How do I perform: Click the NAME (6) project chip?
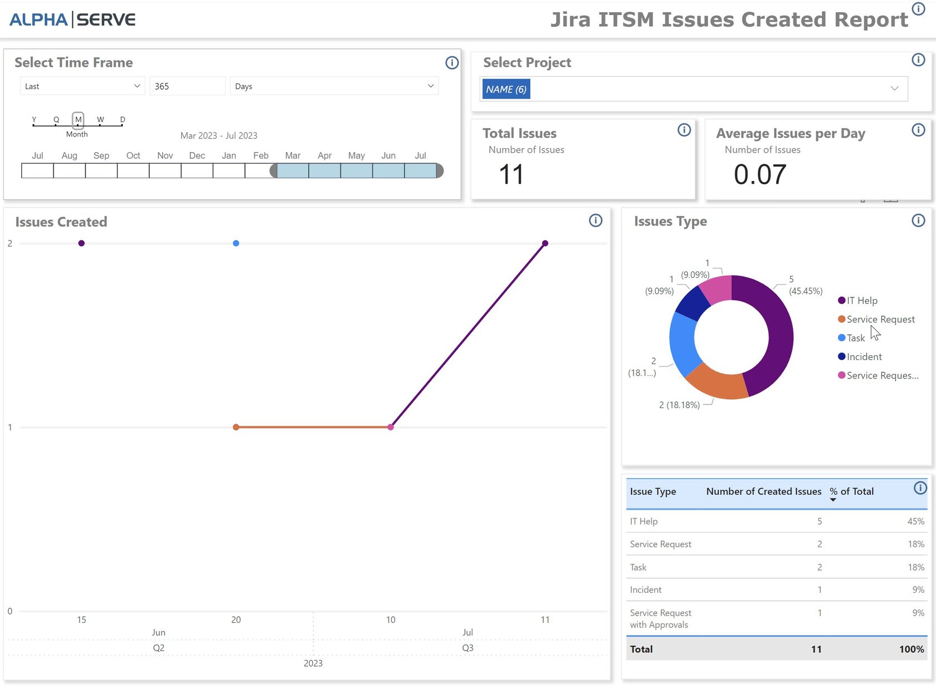click(506, 89)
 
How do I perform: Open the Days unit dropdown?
click(334, 86)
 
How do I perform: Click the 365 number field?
click(187, 86)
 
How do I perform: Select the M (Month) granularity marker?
click(78, 120)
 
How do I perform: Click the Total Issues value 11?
click(511, 174)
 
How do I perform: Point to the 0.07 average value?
click(759, 174)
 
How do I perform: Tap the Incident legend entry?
click(864, 357)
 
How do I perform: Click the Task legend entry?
click(855, 338)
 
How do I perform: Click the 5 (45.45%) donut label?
click(805, 285)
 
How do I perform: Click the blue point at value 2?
click(236, 243)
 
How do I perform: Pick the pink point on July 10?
click(391, 427)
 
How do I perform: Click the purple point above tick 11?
click(545, 243)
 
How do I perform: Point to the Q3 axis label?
click(467, 648)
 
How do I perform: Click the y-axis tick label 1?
click(10, 427)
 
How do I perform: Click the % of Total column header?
click(851, 492)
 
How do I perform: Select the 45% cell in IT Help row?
click(915, 522)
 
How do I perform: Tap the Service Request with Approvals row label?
click(660, 618)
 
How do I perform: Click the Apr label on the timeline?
click(324, 156)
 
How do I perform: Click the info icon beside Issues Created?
click(595, 221)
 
